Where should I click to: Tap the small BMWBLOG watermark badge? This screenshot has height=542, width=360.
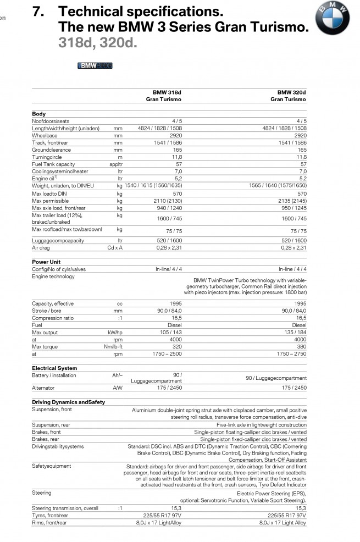click(95, 66)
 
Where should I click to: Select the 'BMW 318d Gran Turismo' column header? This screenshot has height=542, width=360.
click(163, 96)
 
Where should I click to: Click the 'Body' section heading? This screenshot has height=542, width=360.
click(39, 114)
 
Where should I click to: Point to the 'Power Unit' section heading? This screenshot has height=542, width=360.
click(46, 262)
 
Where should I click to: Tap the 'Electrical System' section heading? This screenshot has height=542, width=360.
click(54, 368)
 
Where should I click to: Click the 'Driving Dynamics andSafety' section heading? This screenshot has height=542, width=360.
click(68, 402)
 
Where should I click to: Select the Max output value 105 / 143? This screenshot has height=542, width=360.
click(170, 332)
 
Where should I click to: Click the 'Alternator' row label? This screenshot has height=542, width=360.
click(43, 388)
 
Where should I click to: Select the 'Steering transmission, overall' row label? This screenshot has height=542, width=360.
click(65, 508)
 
